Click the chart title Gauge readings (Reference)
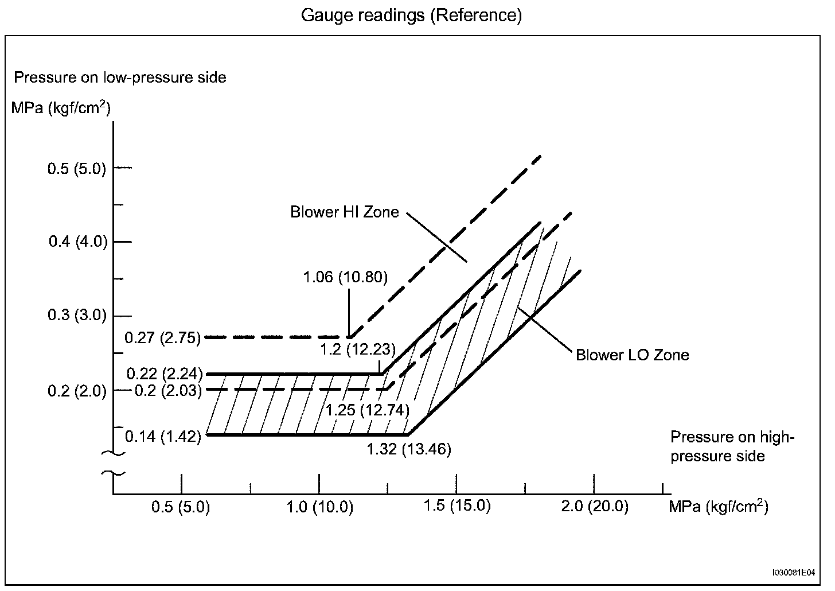pyautogui.click(x=411, y=15)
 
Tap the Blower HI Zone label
pyautogui.click(x=344, y=212)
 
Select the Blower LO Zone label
pyautogui.click(x=632, y=355)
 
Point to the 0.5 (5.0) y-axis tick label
pyautogui.click(x=77, y=169)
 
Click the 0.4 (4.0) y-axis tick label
pyautogui.click(x=78, y=242)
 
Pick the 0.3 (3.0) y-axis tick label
pyautogui.click(x=77, y=315)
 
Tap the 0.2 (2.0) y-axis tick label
pyautogui.click(x=77, y=391)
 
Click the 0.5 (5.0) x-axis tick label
pyautogui.click(x=181, y=507)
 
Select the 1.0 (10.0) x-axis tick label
pyautogui.click(x=319, y=507)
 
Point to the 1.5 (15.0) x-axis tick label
pyautogui.click(x=457, y=506)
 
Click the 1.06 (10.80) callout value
pyautogui.click(x=345, y=278)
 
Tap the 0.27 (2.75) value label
pyautogui.click(x=163, y=337)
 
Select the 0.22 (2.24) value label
pyautogui.click(x=165, y=374)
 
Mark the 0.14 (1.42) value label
pyautogui.click(x=163, y=437)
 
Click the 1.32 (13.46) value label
pyautogui.click(x=409, y=449)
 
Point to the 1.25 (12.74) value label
pyautogui.click(x=368, y=410)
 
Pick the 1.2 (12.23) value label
pyautogui.click(x=357, y=349)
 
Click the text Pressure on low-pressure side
pyautogui.click(x=120, y=77)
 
